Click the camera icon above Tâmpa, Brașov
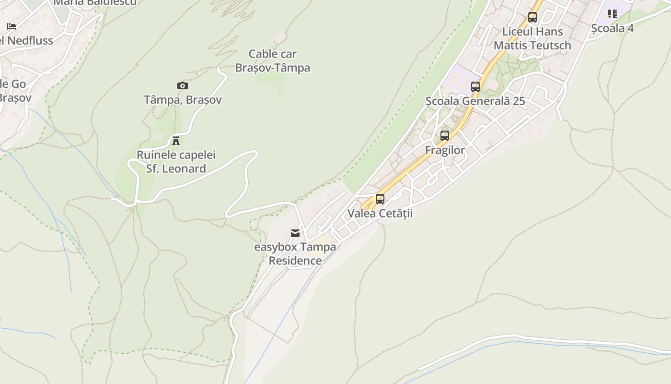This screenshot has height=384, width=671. click(183, 86)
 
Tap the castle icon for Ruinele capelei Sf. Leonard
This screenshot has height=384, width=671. click(176, 141)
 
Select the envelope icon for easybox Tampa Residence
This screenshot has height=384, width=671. click(295, 233)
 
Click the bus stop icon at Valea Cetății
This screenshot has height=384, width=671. click(380, 199)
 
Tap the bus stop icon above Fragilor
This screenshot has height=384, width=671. click(445, 136)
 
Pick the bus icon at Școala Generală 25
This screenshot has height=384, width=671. click(475, 87)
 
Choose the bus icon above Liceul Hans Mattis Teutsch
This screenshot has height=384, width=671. click(532, 17)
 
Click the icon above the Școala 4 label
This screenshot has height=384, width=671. click(613, 14)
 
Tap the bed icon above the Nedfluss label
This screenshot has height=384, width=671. click(12, 26)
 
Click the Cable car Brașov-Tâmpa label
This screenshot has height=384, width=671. click(272, 61)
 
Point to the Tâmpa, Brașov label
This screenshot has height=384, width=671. click(183, 100)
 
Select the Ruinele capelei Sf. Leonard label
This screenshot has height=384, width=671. click(176, 162)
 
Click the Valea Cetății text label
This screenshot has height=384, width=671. click(380, 213)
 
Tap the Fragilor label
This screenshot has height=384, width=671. click(445, 150)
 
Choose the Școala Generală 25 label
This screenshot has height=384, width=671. click(475, 101)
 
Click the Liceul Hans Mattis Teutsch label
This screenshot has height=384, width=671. click(532, 38)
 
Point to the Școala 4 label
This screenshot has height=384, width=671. click(613, 28)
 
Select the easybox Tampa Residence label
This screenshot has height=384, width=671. click(295, 254)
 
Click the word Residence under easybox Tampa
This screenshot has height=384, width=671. click(295, 261)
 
